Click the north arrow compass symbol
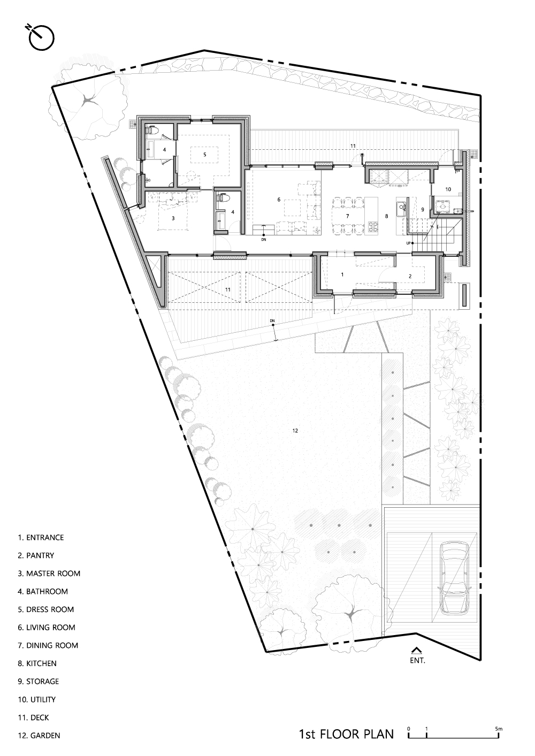click(41, 38)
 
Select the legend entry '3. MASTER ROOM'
click(49, 574)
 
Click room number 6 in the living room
click(279, 200)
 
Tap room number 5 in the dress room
click(204, 155)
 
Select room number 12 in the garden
click(295, 430)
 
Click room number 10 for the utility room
click(448, 189)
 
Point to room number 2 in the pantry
click(410, 276)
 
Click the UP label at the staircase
click(408, 243)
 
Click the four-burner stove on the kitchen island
click(372, 226)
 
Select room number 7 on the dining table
click(347, 216)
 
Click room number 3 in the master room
click(173, 218)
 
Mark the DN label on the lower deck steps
click(272, 320)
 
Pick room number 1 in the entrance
click(342, 274)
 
